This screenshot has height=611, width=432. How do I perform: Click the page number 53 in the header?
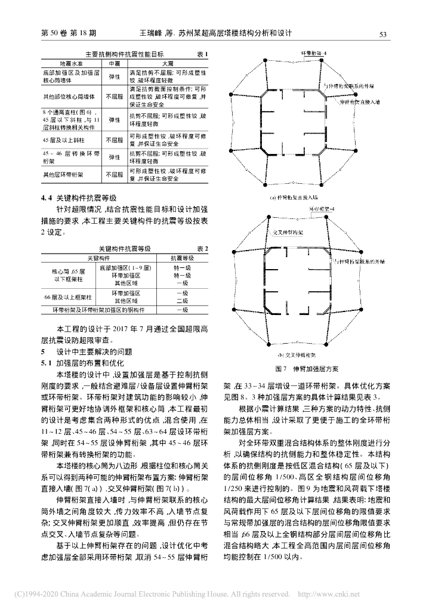(384, 34)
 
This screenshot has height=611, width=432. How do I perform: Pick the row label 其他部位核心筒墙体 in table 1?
(63, 95)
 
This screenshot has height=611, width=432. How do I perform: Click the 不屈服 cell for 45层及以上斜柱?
(114, 141)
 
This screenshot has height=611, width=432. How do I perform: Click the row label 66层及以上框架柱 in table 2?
(63, 297)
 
